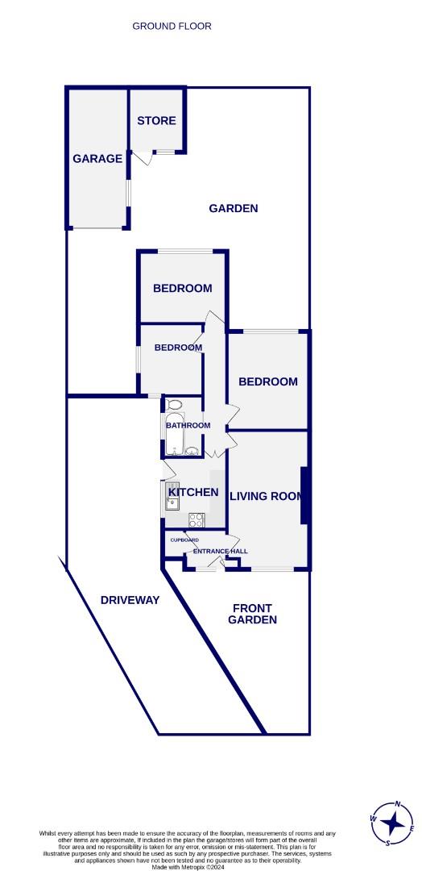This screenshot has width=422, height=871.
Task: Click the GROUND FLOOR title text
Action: click(172, 26)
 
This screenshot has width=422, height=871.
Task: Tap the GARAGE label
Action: click(97, 159)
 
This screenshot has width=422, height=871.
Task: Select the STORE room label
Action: click(156, 120)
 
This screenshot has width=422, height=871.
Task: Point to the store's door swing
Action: click(143, 157)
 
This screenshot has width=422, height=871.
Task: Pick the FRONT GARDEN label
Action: click(252, 614)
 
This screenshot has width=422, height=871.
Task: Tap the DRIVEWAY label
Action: click(130, 600)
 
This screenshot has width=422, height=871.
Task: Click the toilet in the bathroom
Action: click(173, 405)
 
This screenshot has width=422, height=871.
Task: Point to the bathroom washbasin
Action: click(192, 451)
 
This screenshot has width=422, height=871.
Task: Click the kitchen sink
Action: click(172, 502)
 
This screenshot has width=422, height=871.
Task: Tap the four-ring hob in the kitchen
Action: click(197, 520)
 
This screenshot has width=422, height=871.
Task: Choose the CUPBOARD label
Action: click(184, 540)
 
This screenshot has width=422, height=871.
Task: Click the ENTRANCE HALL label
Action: click(220, 551)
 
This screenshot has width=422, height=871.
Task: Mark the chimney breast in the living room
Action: click(304, 495)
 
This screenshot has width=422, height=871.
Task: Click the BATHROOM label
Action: click(188, 426)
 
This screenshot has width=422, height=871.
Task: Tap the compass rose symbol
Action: click(393, 823)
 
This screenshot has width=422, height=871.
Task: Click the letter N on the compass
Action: click(398, 804)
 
